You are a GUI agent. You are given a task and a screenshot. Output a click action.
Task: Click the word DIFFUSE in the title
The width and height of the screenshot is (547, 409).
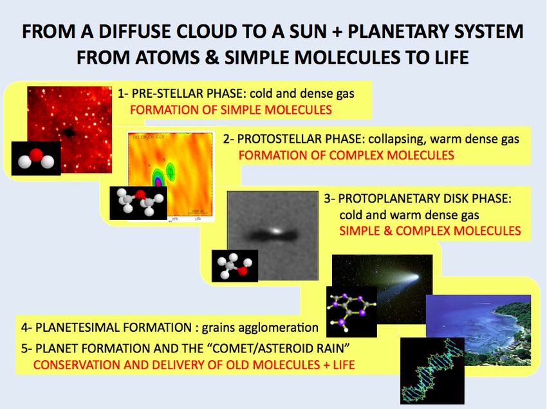tap(134, 32)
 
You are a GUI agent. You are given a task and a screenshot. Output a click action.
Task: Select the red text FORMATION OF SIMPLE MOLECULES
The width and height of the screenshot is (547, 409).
tap(230, 110)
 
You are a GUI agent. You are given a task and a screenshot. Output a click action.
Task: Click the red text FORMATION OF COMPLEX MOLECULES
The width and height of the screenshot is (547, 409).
tap(346, 155)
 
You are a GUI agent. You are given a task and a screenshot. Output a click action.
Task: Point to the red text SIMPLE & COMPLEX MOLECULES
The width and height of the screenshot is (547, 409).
tap(430, 231)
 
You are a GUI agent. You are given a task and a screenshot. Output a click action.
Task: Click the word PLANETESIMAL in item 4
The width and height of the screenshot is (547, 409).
tap(78, 328)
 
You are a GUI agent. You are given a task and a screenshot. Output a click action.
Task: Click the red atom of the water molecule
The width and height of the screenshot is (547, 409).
tap(35, 155)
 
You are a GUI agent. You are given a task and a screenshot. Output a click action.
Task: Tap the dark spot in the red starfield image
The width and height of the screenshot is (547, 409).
tap(69, 132)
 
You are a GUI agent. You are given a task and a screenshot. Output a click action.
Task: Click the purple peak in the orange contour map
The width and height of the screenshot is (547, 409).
tap(158, 181)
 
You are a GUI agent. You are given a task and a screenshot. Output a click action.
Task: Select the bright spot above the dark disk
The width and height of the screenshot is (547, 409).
tap(276, 230)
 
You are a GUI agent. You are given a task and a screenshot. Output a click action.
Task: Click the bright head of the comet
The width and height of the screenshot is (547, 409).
tap(414, 278)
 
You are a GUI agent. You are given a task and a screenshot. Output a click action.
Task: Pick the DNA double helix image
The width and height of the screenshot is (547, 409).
tap(432, 370)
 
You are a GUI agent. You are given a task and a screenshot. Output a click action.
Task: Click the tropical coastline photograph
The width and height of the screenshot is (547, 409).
tap(478, 330)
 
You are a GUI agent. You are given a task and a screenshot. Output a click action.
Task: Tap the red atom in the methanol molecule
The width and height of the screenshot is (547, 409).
tap(243, 270)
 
